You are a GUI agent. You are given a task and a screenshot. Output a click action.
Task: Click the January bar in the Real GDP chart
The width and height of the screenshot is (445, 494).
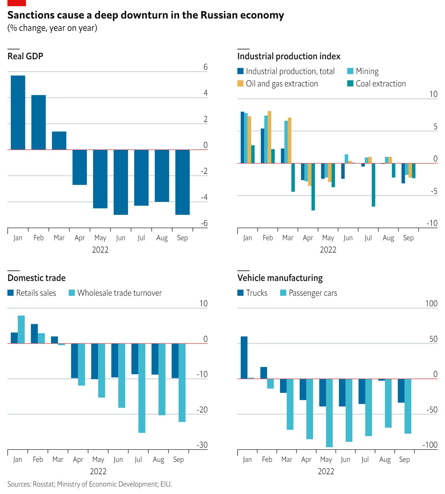tap(18, 112)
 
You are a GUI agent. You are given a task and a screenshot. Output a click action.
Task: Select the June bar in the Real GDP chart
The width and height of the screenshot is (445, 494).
tap(121, 182)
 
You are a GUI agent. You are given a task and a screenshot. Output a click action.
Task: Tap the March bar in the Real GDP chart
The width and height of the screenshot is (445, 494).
tap(59, 140)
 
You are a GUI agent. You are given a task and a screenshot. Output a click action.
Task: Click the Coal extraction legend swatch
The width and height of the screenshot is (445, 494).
tap(350, 83)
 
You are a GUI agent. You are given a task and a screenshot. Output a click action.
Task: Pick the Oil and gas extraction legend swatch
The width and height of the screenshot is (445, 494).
tap(240, 83)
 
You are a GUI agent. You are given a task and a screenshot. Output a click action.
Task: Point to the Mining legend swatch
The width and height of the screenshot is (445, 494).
tap(350, 71)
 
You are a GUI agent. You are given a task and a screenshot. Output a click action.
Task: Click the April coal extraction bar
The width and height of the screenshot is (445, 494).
tap(313, 187)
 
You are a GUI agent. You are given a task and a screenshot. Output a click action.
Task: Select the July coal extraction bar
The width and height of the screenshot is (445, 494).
tap(373, 185)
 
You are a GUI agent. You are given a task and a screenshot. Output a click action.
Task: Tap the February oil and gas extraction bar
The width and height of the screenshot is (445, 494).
tap(269, 137)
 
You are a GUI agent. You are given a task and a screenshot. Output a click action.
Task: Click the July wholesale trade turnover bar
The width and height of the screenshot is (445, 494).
tap(142, 388)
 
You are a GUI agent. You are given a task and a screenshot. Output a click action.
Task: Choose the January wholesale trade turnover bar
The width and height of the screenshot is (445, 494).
tap(21, 329)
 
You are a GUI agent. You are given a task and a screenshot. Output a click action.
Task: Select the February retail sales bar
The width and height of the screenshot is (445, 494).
tap(34, 334)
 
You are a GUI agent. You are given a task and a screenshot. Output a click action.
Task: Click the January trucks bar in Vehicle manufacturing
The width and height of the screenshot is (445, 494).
tap(244, 358)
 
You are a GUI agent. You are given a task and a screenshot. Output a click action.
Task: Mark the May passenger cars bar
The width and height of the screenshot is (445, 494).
tap(329, 413)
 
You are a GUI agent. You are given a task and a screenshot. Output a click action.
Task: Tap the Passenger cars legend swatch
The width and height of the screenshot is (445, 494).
tap(283, 293)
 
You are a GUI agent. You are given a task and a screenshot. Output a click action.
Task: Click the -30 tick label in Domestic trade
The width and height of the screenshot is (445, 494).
tap(202, 445)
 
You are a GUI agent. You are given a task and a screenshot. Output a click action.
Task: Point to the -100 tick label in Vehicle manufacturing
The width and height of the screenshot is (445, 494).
tap(430, 445)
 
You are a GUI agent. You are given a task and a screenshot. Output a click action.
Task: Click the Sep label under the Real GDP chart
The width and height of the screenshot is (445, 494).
tap(182, 238)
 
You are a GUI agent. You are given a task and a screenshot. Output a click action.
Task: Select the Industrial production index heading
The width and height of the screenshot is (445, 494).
tap(289, 56)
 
